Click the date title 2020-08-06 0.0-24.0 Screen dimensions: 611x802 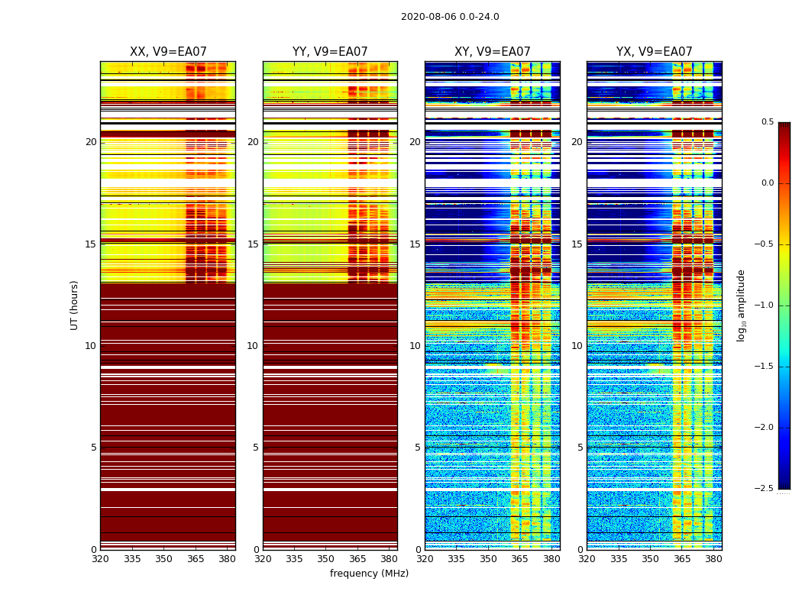tap(450, 17)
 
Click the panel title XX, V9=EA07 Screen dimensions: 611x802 tap(168, 52)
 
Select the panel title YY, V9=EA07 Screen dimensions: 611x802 tap(330, 52)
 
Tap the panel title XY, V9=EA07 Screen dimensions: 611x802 tap(492, 52)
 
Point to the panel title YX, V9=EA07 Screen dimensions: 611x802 tap(654, 52)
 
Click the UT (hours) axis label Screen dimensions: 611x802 tap(75, 305)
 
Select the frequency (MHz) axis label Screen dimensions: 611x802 tap(369, 574)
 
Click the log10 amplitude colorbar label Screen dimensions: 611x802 tap(741, 305)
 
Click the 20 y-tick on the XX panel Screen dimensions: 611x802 tap(91, 142)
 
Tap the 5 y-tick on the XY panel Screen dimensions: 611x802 tap(418, 448)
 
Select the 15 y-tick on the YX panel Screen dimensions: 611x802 tap(577, 244)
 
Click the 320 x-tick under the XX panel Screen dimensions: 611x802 tap(100, 559)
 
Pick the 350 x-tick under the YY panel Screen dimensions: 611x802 tap(326, 559)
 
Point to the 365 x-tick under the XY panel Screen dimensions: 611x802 tap(519, 559)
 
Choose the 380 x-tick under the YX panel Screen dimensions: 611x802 tap(713, 559)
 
